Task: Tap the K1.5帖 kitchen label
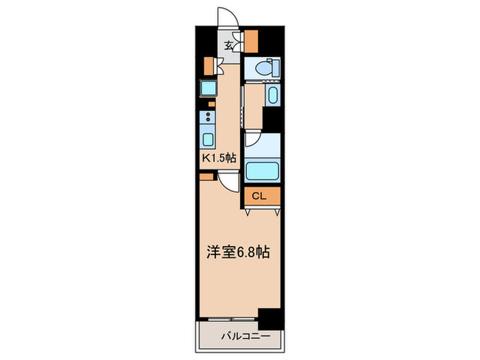click(x=217, y=157)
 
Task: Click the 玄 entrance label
click(x=229, y=46)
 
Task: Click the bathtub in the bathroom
click(x=263, y=169)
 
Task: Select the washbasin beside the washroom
click(x=272, y=95)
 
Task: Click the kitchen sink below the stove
click(x=208, y=139)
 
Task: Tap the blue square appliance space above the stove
click(x=208, y=88)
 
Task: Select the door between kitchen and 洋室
click(x=228, y=180)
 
